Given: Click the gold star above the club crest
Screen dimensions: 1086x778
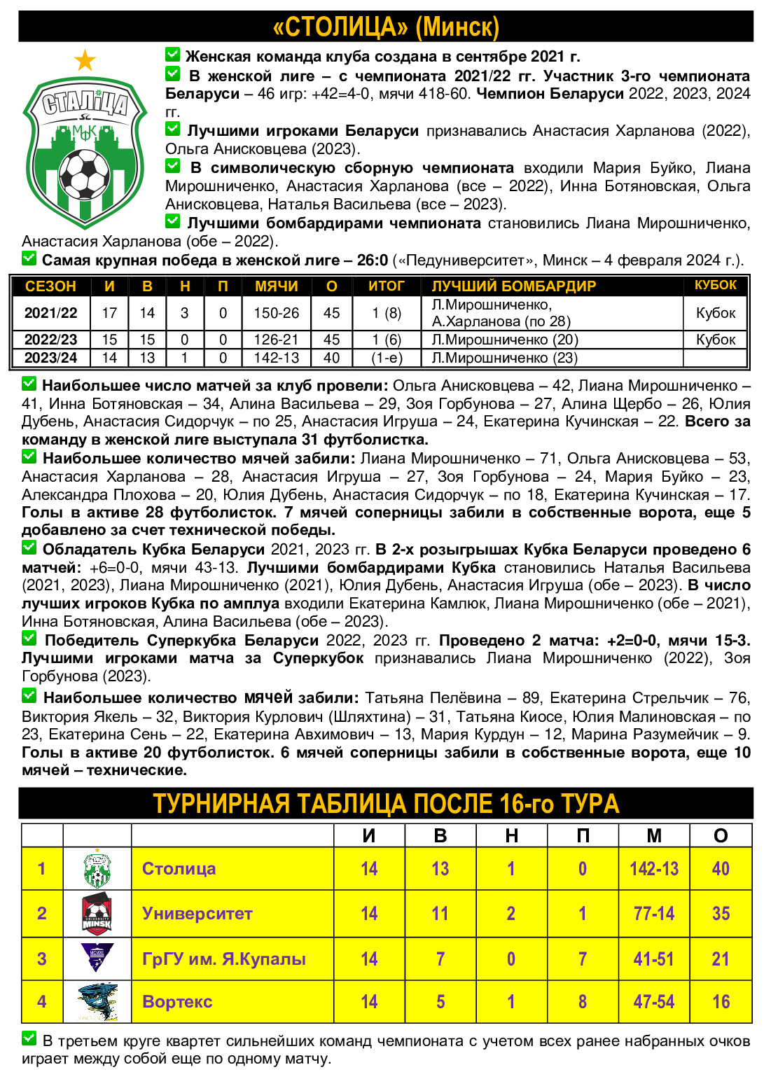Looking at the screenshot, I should click(85, 61).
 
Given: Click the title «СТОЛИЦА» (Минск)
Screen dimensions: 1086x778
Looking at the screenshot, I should click(386, 27).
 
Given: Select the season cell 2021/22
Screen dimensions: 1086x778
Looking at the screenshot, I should click(51, 313).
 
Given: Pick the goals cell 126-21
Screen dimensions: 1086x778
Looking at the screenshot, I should click(276, 340).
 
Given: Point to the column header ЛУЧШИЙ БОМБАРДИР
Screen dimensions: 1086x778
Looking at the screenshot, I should click(513, 286).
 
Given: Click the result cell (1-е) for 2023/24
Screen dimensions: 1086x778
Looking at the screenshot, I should click(387, 358).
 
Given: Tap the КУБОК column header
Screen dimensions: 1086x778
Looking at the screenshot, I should click(715, 285).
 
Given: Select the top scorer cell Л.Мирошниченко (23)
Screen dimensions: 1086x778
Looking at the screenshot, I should click(504, 358).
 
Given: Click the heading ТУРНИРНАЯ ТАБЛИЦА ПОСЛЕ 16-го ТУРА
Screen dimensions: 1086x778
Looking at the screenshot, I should click(386, 804).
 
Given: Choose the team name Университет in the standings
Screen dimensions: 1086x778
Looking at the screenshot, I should click(197, 914).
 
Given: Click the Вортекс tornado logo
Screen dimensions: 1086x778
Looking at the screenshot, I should click(97, 1001).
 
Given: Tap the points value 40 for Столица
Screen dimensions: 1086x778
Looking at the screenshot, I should click(721, 869).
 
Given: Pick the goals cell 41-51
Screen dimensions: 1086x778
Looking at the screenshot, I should click(653, 959).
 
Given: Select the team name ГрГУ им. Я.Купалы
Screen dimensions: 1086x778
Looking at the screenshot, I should click(223, 959).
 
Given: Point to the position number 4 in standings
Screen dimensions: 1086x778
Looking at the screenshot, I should click(42, 1001).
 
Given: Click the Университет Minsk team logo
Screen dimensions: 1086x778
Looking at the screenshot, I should click(97, 914).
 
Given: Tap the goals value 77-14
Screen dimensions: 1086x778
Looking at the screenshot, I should click(653, 914).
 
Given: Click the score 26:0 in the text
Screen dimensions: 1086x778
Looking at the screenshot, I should click(373, 260).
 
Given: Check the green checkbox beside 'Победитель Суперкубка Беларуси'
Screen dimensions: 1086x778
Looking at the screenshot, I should click(29, 639).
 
